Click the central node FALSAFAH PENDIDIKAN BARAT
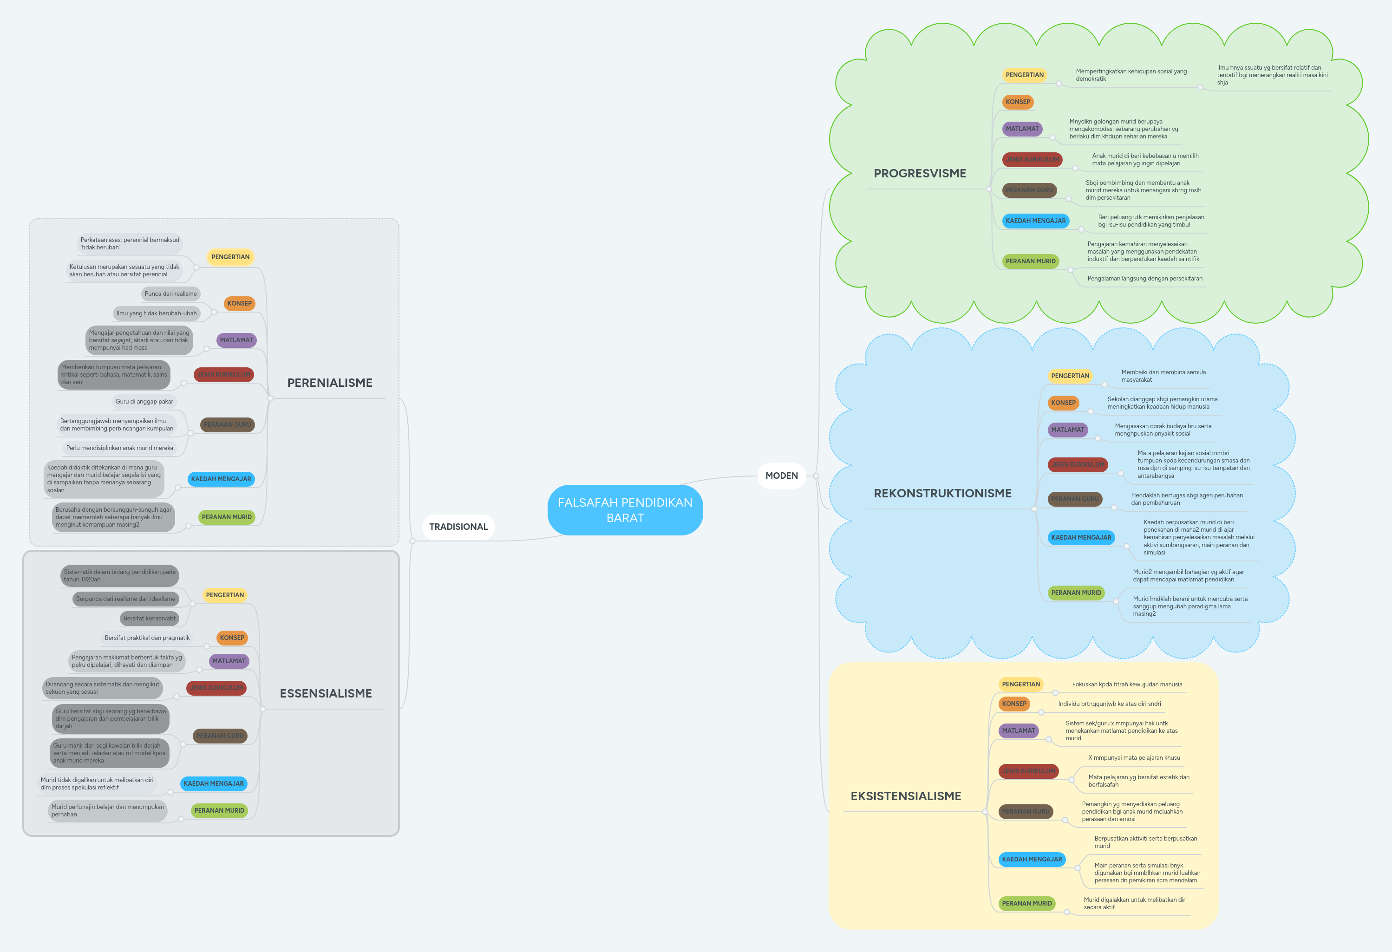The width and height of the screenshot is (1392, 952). coord(625,510)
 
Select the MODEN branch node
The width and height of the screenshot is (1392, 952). coord(781,476)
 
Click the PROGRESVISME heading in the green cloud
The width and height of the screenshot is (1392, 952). coord(920,174)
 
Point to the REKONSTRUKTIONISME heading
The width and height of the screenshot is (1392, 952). coord(942,493)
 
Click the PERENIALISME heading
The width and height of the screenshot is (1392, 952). coord(329,383)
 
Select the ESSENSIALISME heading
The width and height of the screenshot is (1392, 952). coord(326,693)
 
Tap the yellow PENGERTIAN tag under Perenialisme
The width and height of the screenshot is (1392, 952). coord(230,257)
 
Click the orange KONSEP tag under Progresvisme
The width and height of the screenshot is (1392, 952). coord(1018,102)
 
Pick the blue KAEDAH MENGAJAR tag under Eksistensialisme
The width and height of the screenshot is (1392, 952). coord(1032,859)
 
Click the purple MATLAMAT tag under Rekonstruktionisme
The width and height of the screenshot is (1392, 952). coord(1067,430)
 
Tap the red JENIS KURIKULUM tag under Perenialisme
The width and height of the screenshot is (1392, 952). coord(224,375)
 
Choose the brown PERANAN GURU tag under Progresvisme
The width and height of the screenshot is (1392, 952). coord(1029,190)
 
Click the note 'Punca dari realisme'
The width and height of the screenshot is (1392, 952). coord(171,294)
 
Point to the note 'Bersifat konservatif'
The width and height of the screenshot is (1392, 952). coord(149,619)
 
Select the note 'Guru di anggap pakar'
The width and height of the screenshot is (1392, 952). coord(144,402)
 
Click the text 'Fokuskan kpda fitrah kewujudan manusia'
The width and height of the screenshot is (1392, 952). coord(1127,685)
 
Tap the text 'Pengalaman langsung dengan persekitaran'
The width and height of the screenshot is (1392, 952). coord(1144,279)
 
